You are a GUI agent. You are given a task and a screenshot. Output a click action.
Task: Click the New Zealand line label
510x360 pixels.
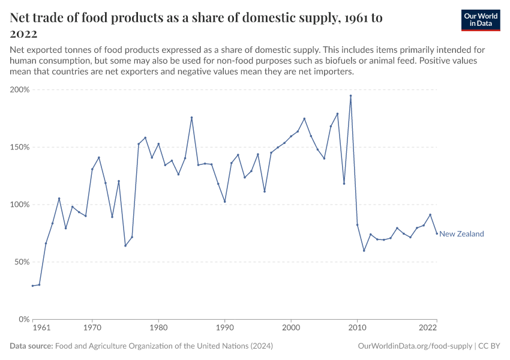[x=461, y=234]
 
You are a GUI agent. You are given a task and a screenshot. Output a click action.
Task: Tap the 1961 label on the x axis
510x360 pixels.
[x=41, y=328]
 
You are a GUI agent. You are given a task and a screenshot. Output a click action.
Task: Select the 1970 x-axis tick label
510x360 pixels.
[x=92, y=328]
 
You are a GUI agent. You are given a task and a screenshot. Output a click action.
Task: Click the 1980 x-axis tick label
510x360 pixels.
[x=158, y=328]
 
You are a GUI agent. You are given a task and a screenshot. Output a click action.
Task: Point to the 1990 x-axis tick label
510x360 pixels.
[x=225, y=328]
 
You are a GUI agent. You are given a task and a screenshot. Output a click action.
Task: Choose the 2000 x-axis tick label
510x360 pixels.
[x=291, y=328]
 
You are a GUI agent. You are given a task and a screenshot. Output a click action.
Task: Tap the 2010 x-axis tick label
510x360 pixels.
[x=357, y=328]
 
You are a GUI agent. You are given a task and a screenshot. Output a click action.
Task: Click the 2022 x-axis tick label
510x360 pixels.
[x=428, y=328]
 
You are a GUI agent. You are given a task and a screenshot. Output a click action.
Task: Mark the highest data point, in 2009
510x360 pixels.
[x=350, y=96]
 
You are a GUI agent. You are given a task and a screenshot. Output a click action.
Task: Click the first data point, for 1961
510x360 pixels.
[x=33, y=286]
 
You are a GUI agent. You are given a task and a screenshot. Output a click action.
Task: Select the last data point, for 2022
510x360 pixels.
[x=437, y=233]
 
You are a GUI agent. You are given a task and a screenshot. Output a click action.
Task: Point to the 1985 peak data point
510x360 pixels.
[x=191, y=118]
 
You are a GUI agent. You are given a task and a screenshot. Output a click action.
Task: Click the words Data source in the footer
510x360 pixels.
[x=31, y=346]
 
